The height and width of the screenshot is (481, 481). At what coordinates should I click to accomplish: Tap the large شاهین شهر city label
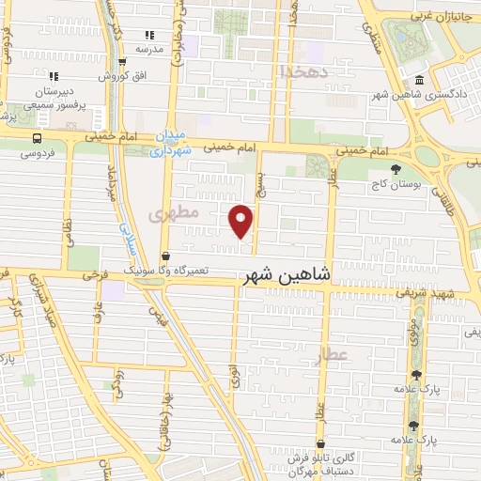click(x=287, y=275)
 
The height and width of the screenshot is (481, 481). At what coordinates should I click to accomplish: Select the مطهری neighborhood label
click(x=174, y=214)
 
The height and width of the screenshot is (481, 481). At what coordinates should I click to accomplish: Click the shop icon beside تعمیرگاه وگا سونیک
click(x=166, y=256)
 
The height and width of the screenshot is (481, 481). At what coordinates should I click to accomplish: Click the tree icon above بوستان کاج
click(x=396, y=169)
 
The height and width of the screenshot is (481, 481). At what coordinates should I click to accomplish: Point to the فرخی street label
click(x=90, y=277)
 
